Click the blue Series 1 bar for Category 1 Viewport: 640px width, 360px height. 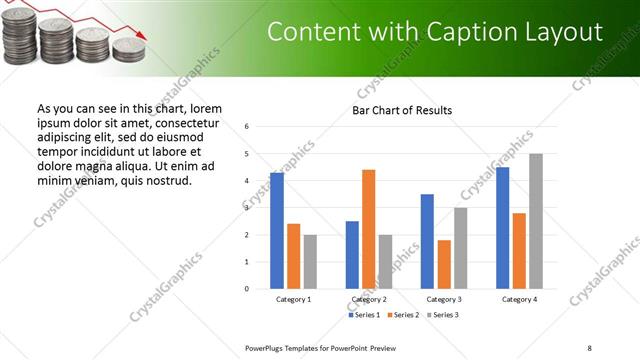[276, 231]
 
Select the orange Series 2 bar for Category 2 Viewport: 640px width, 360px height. [368, 229]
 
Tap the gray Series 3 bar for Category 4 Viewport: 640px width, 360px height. [536, 221]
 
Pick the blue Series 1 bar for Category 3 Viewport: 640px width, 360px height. [427, 241]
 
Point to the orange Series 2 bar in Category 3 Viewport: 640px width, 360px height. [444, 264]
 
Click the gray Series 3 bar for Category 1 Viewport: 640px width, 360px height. [310, 262]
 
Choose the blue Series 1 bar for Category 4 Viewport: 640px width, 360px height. [502, 228]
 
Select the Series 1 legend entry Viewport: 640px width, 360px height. [366, 315]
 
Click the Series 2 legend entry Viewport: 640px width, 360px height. [404, 315]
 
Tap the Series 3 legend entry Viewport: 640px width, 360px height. [442, 315]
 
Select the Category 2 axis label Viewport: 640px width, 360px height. [369, 299]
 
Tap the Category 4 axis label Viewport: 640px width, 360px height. [519, 299]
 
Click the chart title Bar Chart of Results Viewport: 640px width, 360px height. [402, 110]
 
